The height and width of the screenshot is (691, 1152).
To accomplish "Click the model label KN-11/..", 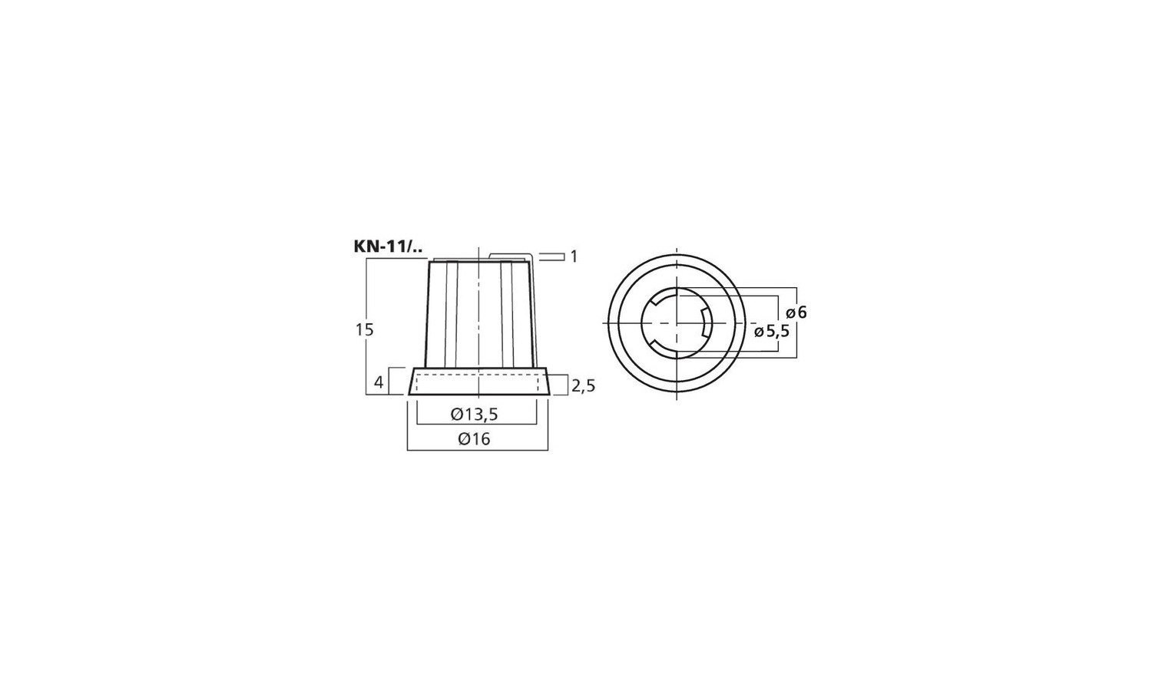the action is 389,246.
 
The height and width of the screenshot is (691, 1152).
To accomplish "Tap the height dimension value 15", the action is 364,329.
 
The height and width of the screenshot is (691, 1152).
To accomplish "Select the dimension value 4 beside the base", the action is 378,382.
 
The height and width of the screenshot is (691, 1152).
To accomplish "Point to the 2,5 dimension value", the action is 583,385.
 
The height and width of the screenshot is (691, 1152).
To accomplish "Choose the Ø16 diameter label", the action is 474,439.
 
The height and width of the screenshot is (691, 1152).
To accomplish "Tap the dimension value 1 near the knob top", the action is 574,256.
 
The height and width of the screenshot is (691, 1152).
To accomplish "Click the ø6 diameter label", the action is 796,312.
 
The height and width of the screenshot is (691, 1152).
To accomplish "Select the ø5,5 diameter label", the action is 771,332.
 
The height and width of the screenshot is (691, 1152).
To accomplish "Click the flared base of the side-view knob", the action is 478,382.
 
